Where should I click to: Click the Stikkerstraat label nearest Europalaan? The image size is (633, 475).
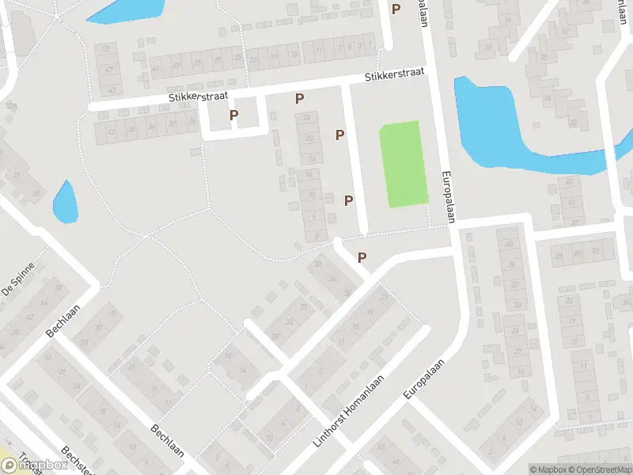point(394,75)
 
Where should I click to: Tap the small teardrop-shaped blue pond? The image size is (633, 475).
point(65,201)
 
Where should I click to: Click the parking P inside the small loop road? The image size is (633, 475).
point(233,116)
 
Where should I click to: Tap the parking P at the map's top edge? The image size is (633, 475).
point(396,9)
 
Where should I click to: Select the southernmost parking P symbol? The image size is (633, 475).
point(362,257)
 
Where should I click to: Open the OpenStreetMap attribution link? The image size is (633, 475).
point(598,469)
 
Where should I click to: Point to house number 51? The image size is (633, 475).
point(106,49)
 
